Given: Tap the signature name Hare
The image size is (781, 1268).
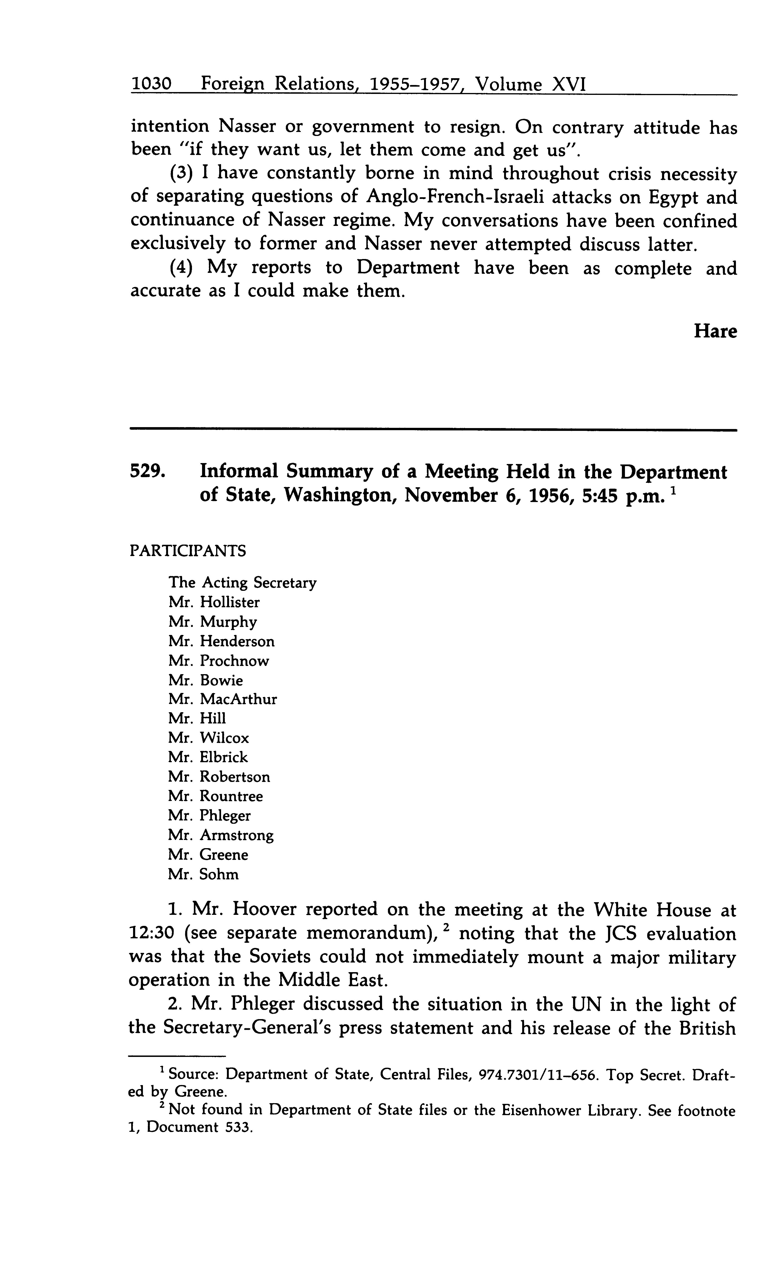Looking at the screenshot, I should (715, 331).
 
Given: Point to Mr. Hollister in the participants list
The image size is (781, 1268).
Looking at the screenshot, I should (214, 602).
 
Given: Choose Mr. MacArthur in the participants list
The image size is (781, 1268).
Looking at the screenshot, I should (223, 699).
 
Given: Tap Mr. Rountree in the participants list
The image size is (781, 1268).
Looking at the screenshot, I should (215, 796).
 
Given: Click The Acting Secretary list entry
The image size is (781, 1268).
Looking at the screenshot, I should (242, 583).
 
